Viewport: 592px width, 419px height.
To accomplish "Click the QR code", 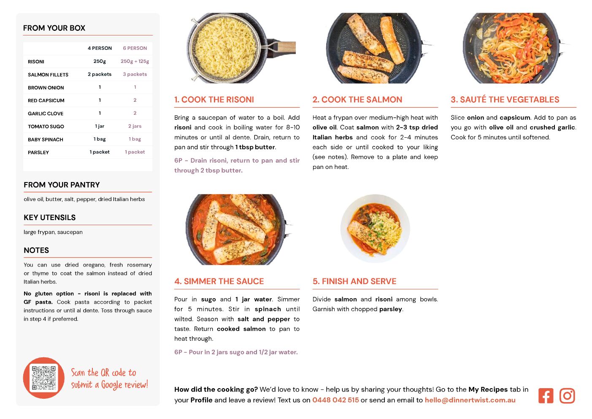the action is [44, 378].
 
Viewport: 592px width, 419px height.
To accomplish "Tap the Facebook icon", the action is [546, 396].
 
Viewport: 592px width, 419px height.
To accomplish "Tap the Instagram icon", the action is [567, 396].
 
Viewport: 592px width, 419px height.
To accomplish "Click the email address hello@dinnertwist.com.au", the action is [470, 400].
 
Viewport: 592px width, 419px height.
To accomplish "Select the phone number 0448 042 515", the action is [335, 400].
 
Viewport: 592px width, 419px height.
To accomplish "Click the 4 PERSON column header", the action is [100, 48].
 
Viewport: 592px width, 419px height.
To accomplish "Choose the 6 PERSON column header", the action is [135, 48].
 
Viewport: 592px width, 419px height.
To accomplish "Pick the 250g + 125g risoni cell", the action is [135, 61].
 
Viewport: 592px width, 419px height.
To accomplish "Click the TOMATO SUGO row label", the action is [46, 126].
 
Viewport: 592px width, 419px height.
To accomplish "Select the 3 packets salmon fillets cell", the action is [135, 74].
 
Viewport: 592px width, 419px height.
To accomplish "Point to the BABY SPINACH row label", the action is [46, 139].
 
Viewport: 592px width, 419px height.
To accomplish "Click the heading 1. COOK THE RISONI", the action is [214, 99].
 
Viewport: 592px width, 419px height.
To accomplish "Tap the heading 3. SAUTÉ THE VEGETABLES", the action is [505, 99].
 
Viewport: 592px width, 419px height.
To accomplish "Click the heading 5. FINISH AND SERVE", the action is [354, 281].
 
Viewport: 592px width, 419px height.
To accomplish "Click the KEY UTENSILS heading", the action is [50, 218].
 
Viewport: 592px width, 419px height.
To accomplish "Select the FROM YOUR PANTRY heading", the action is [62, 185].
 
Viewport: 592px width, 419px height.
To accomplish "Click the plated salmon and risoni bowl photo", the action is [375, 229].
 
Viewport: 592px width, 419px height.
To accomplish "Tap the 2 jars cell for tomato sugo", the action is [135, 126].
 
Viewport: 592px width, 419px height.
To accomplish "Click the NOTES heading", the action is [36, 250].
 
